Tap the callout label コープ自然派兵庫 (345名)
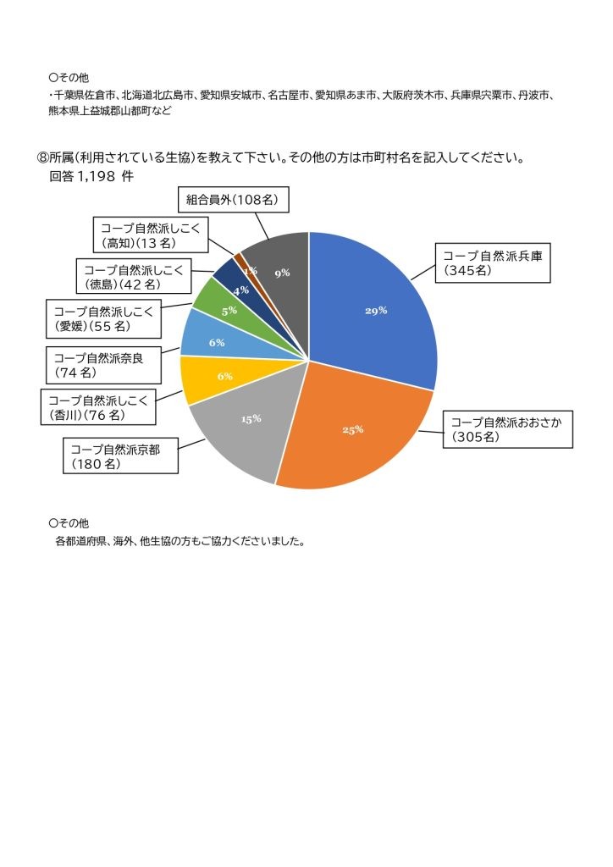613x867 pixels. (x=494, y=263)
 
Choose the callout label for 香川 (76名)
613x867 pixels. (x=98, y=407)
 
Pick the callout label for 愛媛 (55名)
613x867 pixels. (x=103, y=318)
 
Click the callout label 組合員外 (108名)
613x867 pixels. (x=235, y=201)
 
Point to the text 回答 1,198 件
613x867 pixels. (x=91, y=177)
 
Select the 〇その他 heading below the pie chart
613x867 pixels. (x=69, y=523)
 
